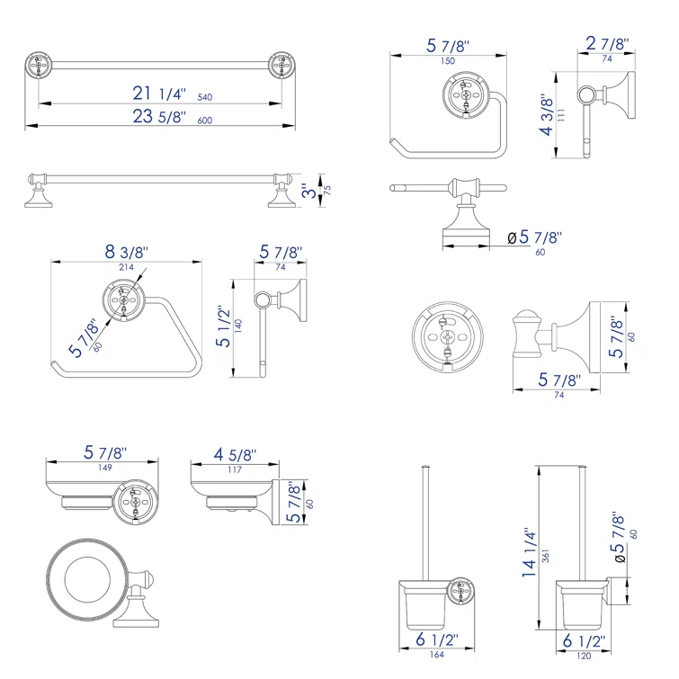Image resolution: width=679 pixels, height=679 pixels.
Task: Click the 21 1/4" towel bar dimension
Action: click(x=156, y=93)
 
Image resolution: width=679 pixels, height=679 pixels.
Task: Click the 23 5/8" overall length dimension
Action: click(x=156, y=117)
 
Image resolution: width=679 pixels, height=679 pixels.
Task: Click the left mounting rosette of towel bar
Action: click(x=38, y=66)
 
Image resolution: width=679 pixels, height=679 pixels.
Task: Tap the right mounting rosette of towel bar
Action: click(x=281, y=66)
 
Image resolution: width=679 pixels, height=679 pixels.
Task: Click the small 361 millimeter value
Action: click(x=545, y=558)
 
